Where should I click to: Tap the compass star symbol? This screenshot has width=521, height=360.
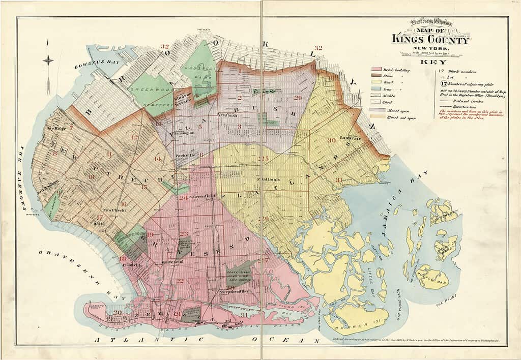click(x=48, y=61)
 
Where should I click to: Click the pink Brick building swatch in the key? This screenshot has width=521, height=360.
click(x=377, y=69)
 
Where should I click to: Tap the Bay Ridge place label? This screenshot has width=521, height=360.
click(x=56, y=128)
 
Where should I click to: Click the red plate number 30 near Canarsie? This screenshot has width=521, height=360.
click(x=332, y=140)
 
